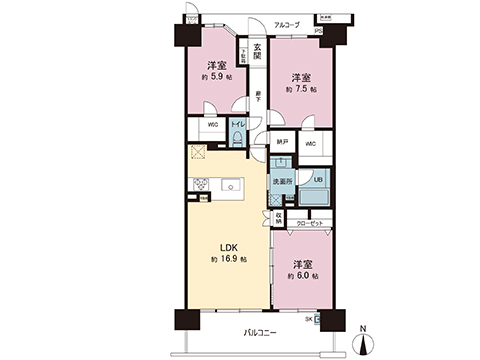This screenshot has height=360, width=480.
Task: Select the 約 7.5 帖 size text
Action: coord(301,90)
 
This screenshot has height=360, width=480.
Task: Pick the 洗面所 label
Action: coord(282,181)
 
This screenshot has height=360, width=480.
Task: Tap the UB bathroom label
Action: coord(317,180)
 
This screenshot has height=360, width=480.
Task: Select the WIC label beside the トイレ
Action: coord(212,125)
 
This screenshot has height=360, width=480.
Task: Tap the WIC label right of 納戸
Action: coord(310,144)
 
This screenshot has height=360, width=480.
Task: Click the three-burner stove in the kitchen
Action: coord(199,185)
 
